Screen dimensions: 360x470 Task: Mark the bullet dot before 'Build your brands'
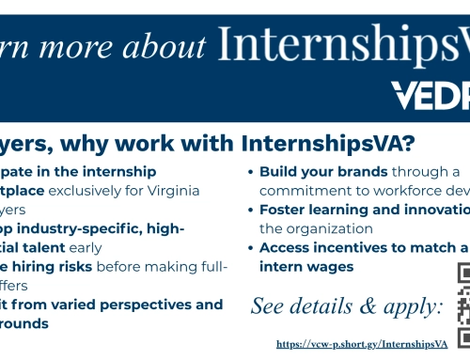click(x=251, y=173)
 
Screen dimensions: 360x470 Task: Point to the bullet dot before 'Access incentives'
click(x=251, y=248)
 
